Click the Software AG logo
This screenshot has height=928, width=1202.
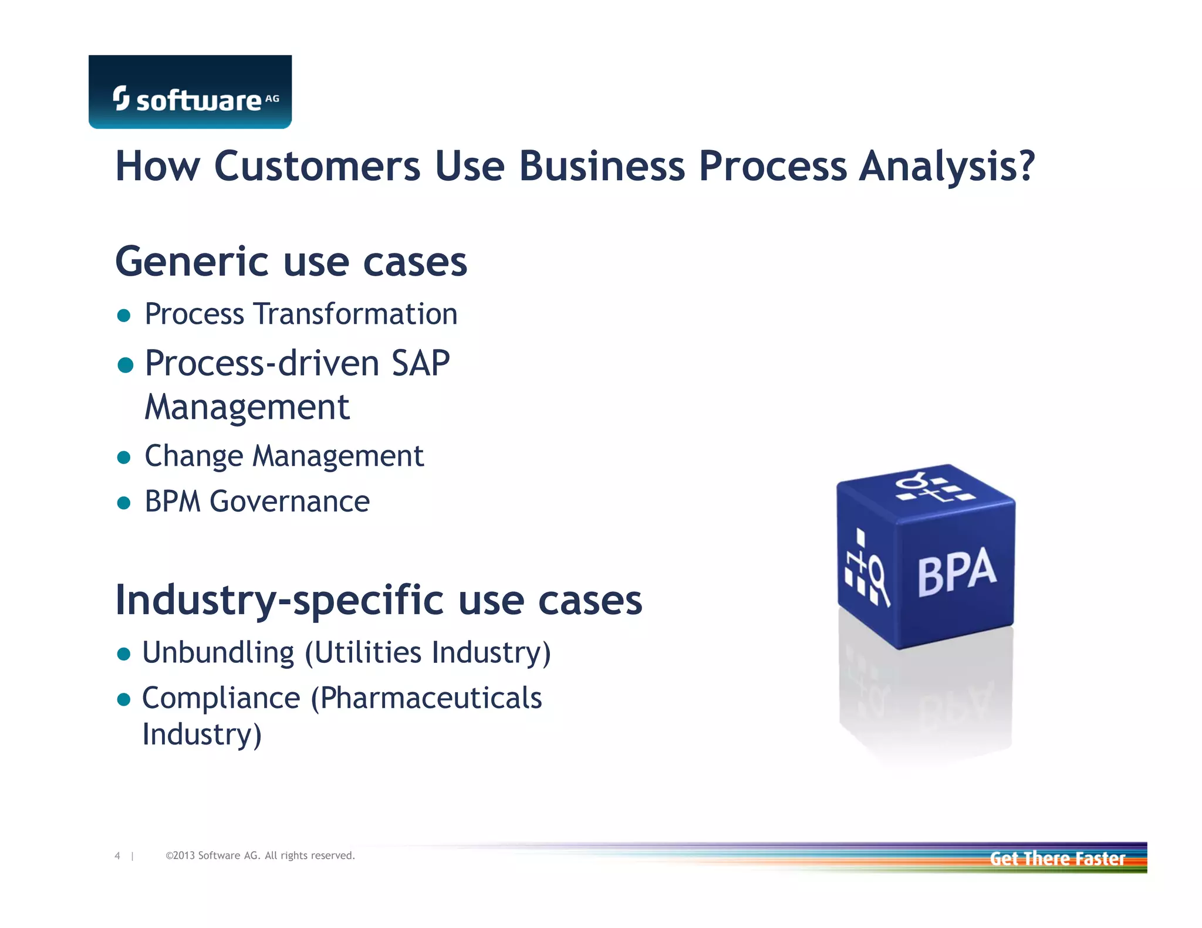point(190,93)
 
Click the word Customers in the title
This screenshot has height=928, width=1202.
point(318,167)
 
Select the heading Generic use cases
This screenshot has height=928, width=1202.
point(291,262)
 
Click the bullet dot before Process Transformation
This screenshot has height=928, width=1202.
point(124,316)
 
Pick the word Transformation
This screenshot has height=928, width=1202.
point(356,314)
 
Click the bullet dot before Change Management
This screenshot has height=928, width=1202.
point(124,458)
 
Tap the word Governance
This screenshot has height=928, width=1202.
point(290,502)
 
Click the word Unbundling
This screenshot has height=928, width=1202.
point(218,653)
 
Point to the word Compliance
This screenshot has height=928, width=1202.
point(221,699)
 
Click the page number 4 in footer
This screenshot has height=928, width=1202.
point(117,856)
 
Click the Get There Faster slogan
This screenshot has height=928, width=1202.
point(1057,859)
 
